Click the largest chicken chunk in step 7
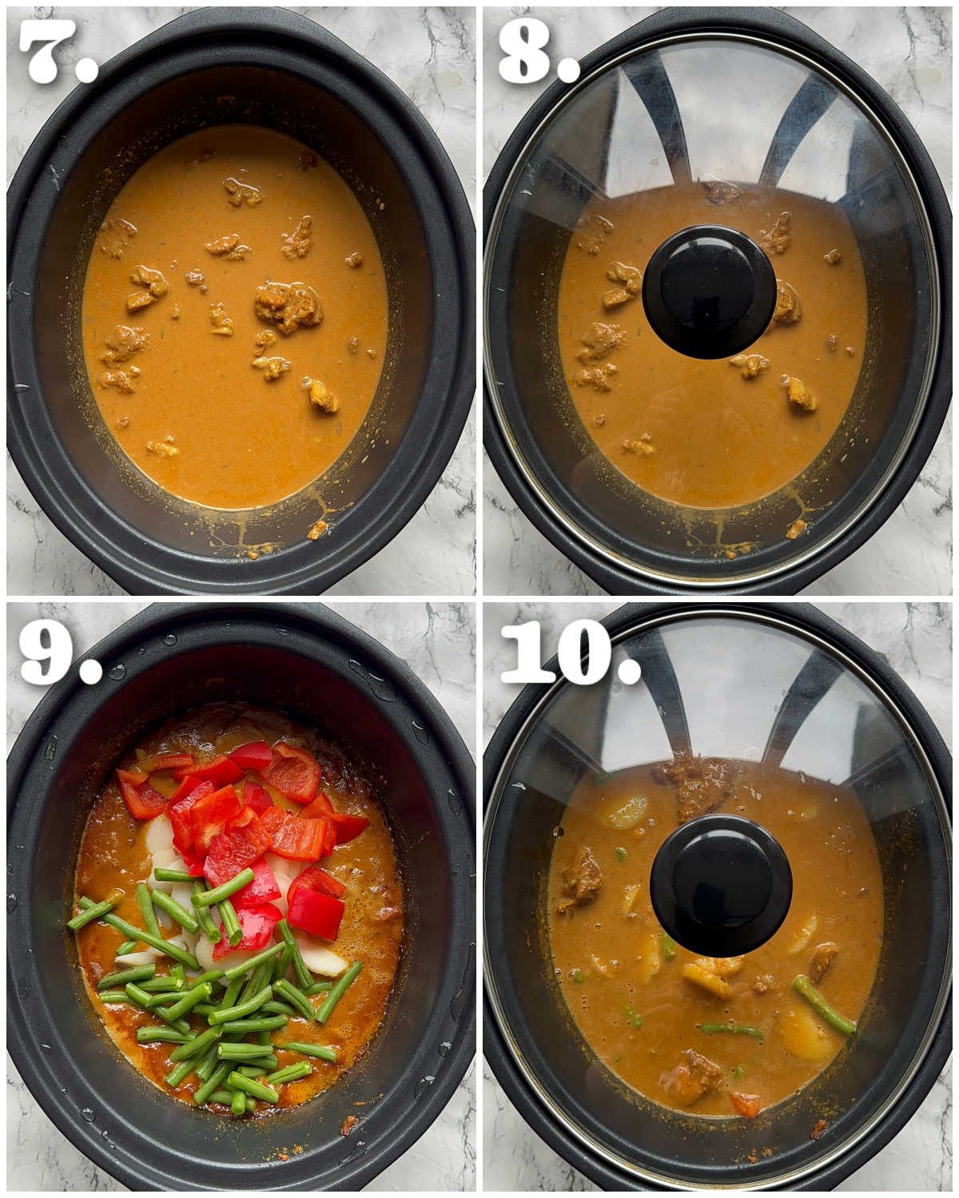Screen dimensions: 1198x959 [288, 306]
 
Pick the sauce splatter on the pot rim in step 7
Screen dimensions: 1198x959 [318, 529]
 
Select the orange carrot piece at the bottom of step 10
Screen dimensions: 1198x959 [744, 1104]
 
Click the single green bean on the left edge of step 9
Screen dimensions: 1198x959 [92, 914]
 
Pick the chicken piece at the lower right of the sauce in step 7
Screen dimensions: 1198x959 [321, 395]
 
